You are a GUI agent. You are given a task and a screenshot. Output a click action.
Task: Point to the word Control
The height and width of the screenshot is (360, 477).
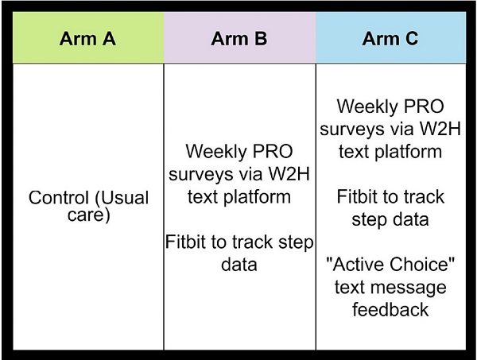(x=60, y=197)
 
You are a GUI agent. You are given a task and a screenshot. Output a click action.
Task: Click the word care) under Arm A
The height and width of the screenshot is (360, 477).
(x=88, y=215)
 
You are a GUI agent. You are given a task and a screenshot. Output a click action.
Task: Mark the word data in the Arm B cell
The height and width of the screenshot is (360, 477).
(x=239, y=264)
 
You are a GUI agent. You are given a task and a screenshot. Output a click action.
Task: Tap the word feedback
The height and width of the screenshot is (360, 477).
(x=391, y=308)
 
